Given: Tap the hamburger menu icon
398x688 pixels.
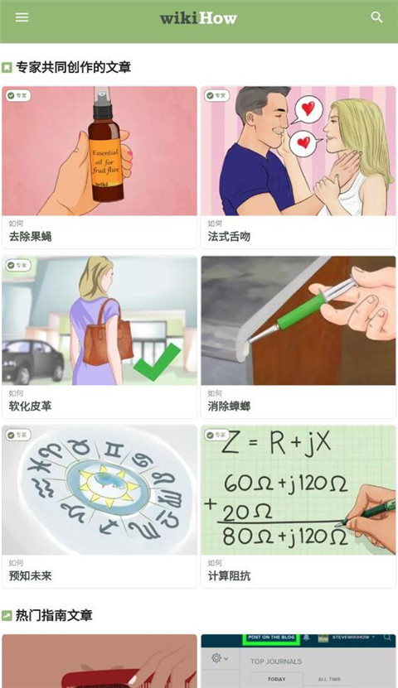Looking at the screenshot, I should (x=22, y=17).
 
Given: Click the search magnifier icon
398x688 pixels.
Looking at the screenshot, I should (x=377, y=17).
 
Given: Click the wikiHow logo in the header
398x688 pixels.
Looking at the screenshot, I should (x=198, y=17).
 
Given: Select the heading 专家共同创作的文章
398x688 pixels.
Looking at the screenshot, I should (x=73, y=67).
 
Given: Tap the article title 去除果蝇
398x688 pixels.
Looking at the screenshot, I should (x=30, y=237).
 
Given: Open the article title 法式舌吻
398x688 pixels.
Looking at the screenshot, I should (x=229, y=237).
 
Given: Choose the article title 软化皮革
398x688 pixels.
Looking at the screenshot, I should (x=30, y=407).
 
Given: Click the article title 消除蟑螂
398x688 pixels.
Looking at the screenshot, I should (x=229, y=407).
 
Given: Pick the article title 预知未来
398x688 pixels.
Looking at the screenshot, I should (x=30, y=576).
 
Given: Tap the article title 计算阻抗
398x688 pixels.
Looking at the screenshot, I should (x=229, y=576).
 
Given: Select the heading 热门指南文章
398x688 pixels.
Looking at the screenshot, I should (x=54, y=615).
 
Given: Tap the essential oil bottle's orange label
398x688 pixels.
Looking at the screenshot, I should (x=105, y=160).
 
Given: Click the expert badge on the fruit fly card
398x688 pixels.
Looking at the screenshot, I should (x=17, y=96).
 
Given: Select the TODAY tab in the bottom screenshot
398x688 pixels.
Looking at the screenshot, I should (x=276, y=679).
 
